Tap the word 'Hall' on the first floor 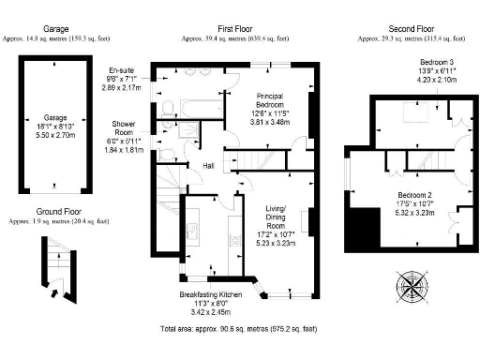point(211,166)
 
